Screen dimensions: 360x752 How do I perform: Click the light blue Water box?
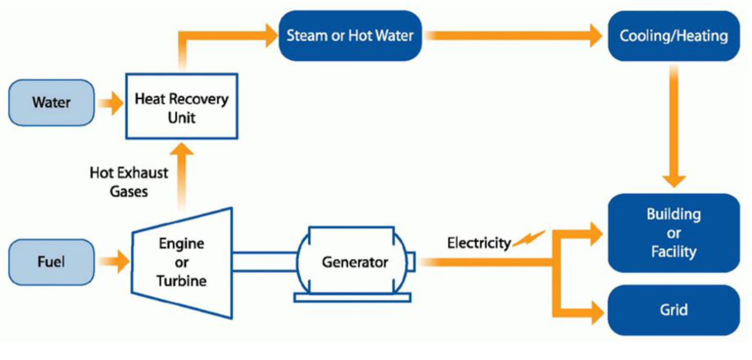[x=52, y=102]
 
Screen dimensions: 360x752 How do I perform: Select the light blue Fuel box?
[x=52, y=262]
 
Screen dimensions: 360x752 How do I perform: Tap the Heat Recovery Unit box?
[x=182, y=106]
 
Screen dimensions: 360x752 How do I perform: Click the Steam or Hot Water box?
[x=350, y=36]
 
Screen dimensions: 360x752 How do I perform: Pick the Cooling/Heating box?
[x=673, y=36]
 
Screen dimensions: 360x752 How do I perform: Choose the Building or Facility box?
[x=673, y=233]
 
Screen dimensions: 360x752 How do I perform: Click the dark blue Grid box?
[x=673, y=310]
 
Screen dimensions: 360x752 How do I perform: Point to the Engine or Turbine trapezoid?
[x=182, y=263]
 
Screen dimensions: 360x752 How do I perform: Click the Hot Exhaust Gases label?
[x=129, y=182]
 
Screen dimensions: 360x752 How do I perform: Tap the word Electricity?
[x=479, y=243]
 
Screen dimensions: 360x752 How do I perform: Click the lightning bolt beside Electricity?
[x=529, y=238]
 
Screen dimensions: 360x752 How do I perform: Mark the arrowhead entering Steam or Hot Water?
[x=271, y=35]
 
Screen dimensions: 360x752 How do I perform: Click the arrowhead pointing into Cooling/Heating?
[x=596, y=36]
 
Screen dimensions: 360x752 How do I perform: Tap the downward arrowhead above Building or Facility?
[x=674, y=181]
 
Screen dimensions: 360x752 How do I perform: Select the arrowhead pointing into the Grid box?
[x=597, y=312]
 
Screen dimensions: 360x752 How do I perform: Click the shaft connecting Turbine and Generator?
[x=264, y=262]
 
